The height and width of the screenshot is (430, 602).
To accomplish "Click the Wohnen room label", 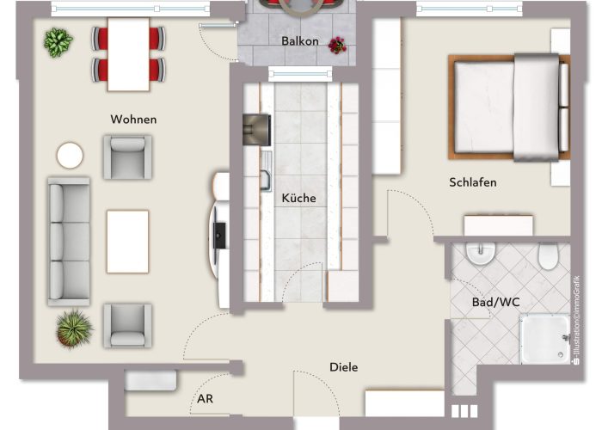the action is (133, 120).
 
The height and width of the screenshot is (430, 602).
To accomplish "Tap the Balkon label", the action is (300, 41).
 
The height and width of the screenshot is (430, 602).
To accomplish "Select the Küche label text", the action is (298, 198).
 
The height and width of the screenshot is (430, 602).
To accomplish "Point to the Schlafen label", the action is (473, 182).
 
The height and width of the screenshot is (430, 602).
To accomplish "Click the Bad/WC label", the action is (495, 302).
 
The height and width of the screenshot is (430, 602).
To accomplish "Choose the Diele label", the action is (344, 367).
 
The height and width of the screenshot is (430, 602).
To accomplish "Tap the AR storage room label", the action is (205, 399).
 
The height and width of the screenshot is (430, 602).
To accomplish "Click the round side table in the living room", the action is (70, 156).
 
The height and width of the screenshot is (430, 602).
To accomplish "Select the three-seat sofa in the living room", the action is (69, 242).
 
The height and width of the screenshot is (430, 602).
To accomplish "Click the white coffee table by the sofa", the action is (127, 242).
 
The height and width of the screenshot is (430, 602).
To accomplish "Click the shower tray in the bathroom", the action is (544, 339).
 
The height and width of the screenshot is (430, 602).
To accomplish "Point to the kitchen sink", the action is (266, 171).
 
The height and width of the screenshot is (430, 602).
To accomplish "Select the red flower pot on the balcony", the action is (337, 46).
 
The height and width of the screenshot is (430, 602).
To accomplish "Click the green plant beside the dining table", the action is (58, 42).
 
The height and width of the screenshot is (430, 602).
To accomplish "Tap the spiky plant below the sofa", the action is (75, 329).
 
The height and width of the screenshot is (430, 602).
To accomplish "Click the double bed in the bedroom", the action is (509, 107).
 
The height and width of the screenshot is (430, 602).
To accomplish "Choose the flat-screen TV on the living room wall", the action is (218, 236).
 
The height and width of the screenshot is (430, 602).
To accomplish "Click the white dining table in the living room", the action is (128, 54).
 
